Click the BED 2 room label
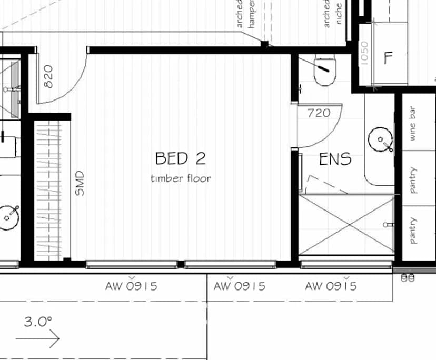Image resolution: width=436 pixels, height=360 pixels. tap(180, 158)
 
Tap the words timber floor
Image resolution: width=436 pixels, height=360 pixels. tap(180, 178)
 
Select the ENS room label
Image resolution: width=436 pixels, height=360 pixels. tap(335, 159)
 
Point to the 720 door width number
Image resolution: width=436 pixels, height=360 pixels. tap(319, 113)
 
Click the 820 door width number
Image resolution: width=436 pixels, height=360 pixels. tap(48, 76)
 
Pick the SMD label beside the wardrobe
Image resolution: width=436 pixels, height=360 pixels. tap(80, 183)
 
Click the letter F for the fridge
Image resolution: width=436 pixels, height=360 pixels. tap(389, 58)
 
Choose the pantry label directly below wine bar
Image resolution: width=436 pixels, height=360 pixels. tap(413, 181)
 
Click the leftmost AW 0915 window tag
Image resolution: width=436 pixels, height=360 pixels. tap(131, 286)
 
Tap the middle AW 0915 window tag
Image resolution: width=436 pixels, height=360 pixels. tap(239, 286)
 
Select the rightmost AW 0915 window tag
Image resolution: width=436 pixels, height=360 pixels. tap(331, 286)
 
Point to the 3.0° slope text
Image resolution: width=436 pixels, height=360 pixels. tap(38, 322)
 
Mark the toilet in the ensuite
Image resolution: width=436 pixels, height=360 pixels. tap(324, 71)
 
